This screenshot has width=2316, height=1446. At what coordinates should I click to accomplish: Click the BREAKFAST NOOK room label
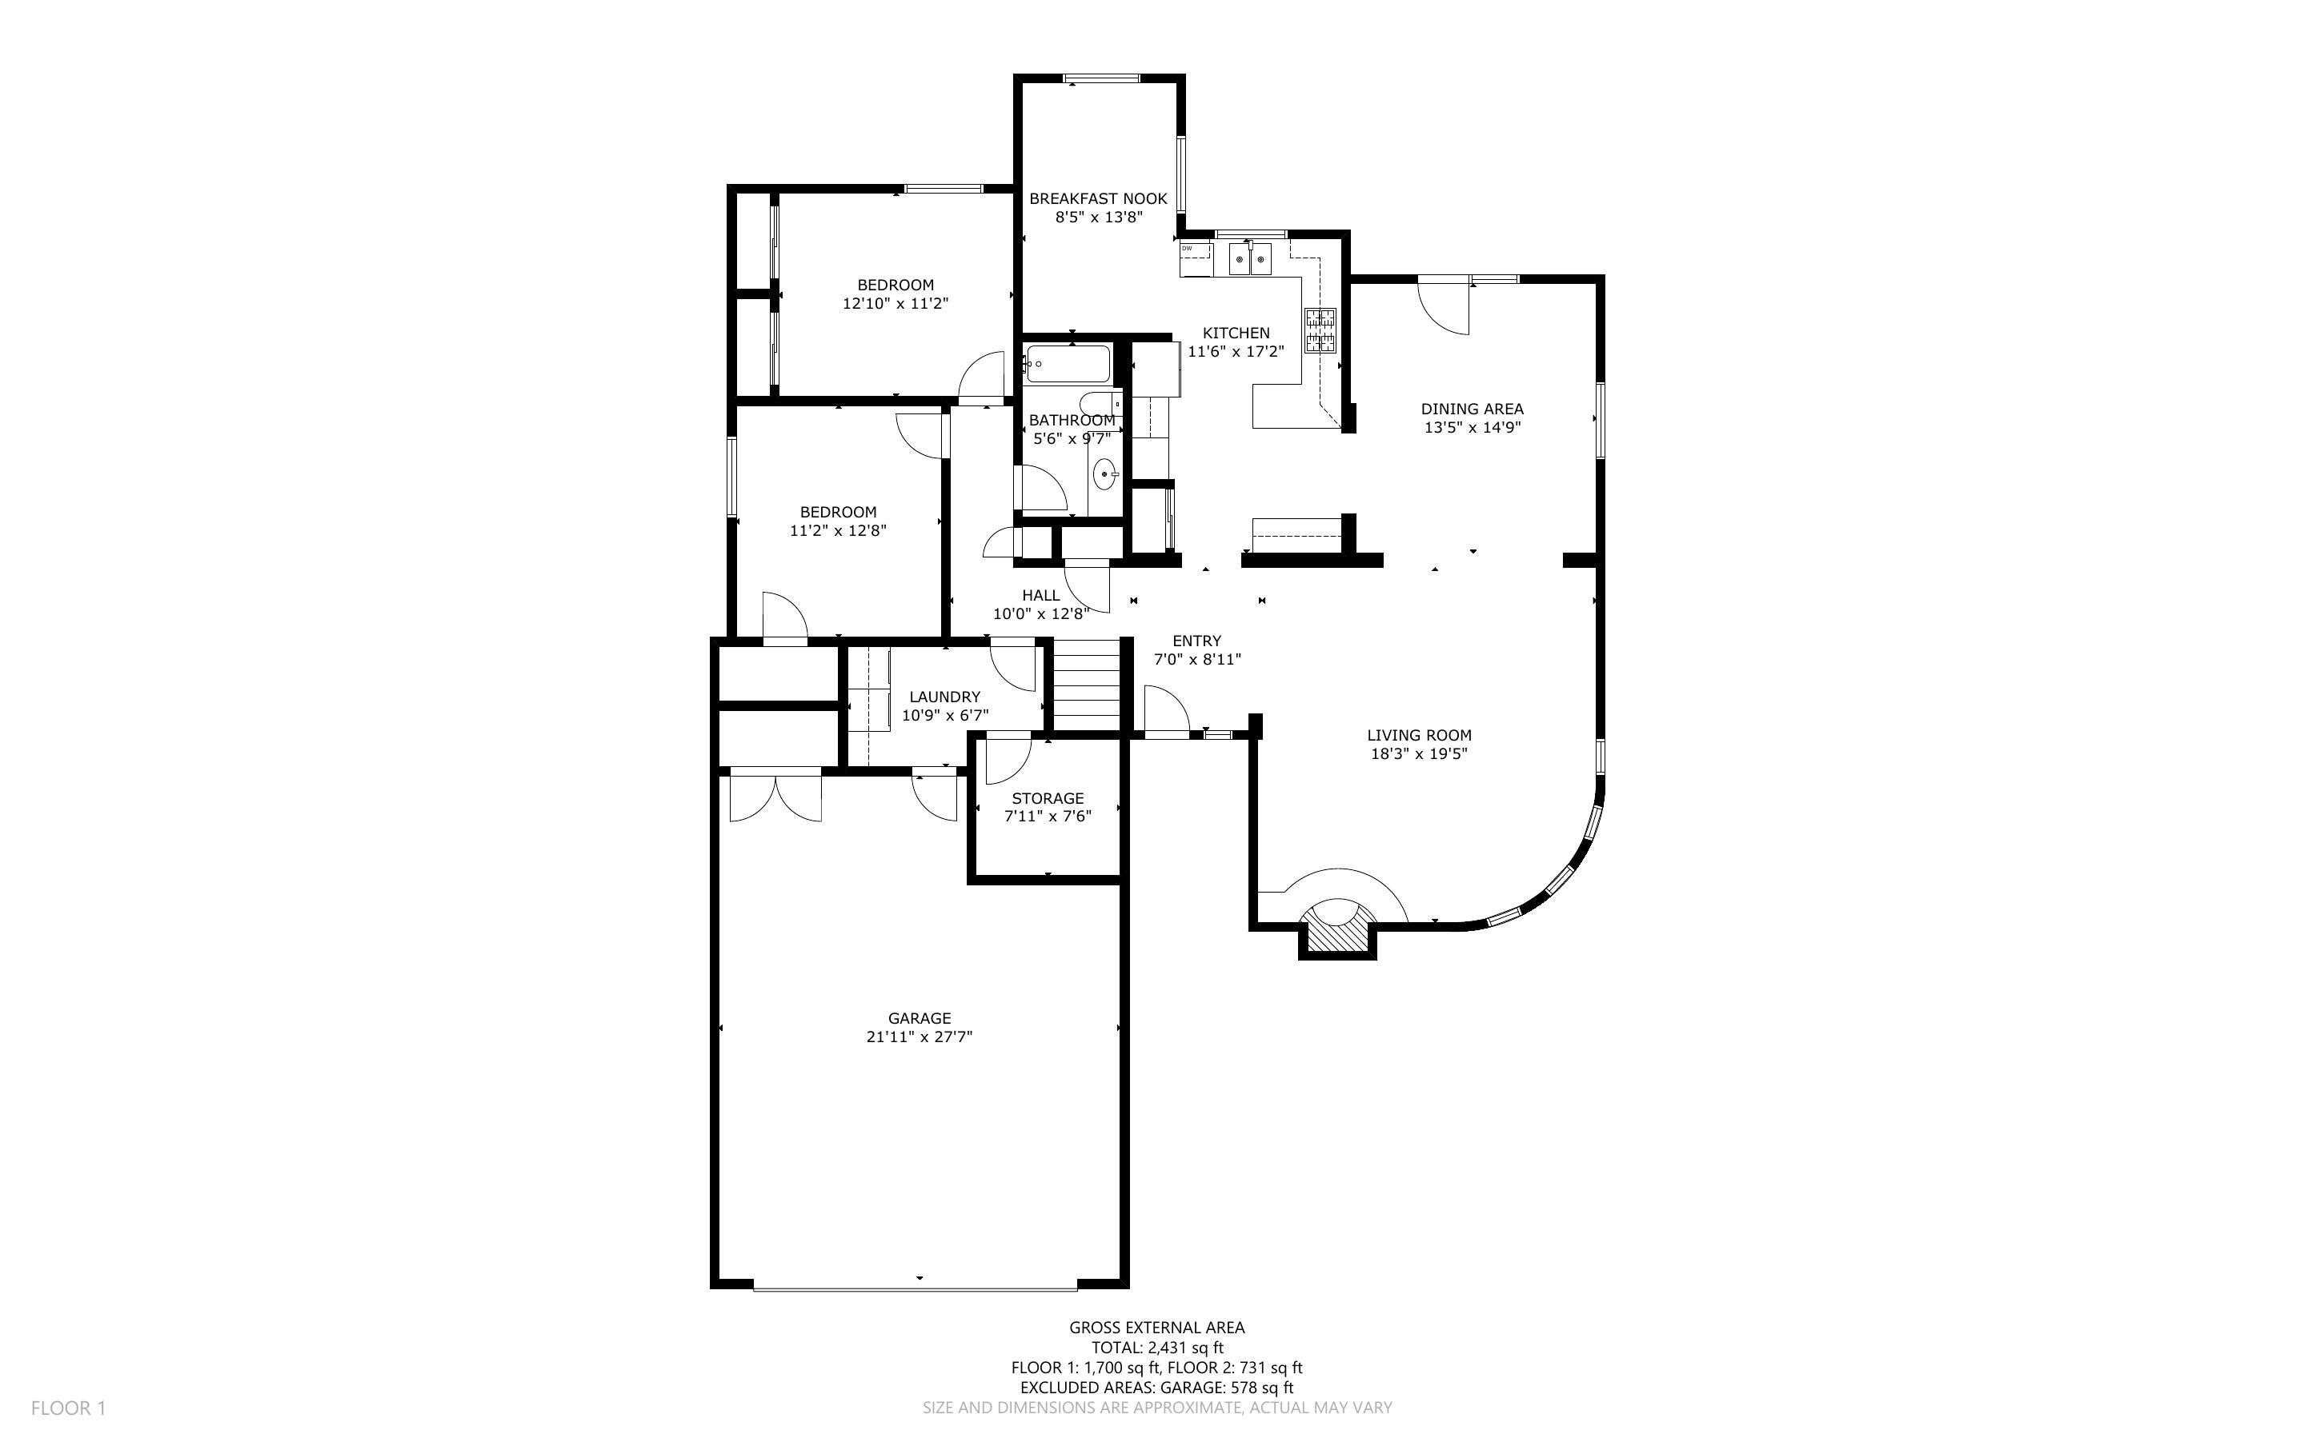click(1097, 199)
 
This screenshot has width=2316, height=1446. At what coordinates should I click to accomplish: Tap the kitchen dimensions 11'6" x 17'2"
click(1235, 352)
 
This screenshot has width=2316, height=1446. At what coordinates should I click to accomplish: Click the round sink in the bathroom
click(1105, 473)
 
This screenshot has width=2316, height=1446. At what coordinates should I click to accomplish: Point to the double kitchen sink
click(1250, 259)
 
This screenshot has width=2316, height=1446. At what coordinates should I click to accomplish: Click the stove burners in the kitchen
click(1320, 330)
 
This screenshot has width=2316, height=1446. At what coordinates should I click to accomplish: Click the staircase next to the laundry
click(1086, 685)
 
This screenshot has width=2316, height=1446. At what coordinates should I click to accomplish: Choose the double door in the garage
click(775, 797)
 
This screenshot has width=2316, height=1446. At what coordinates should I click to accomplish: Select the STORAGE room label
click(1048, 798)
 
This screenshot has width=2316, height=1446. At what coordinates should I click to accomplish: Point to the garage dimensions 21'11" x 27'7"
click(919, 1037)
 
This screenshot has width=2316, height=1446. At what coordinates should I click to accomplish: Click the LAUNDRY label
click(944, 697)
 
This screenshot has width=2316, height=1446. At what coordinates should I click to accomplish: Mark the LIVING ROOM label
click(1419, 736)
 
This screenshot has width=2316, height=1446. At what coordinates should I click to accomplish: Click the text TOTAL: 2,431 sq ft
click(1156, 1348)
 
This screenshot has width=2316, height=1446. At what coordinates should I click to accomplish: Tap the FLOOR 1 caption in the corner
click(68, 1408)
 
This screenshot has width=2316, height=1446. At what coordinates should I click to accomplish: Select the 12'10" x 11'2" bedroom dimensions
click(895, 304)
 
